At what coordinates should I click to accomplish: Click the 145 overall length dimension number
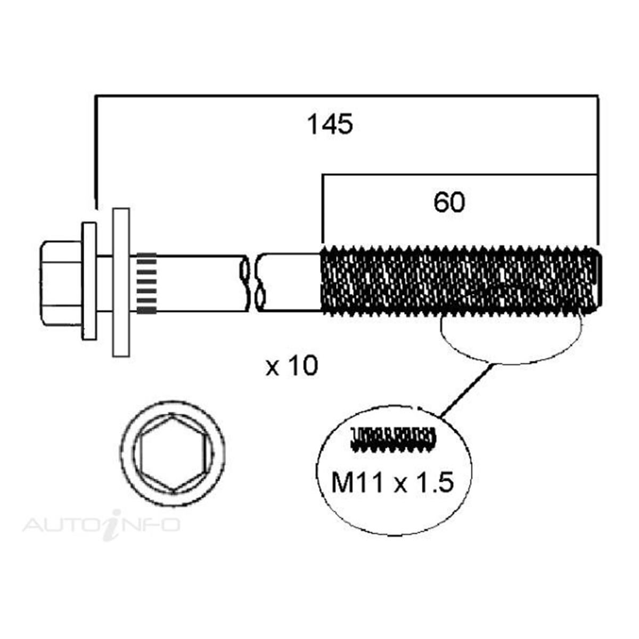330,125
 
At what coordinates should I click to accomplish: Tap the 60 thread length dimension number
449,203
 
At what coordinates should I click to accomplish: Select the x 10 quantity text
292,366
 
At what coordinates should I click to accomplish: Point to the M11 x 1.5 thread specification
392,484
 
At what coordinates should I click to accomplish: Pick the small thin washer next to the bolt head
89,281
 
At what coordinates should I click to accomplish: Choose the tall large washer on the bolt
121,282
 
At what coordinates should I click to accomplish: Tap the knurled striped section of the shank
146,283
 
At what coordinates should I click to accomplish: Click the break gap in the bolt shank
252,283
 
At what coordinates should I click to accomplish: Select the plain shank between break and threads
292,283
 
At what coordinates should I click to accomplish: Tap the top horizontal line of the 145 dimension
346,96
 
